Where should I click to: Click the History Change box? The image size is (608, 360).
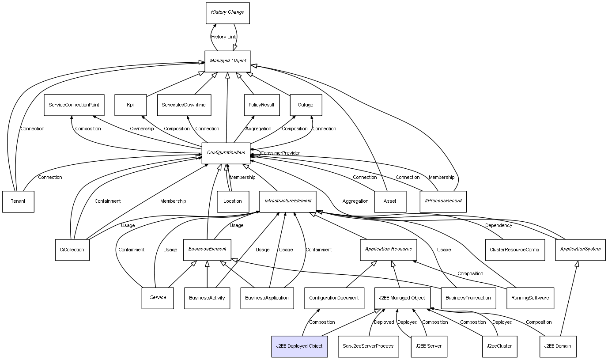(227, 12)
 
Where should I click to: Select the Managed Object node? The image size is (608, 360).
(227, 61)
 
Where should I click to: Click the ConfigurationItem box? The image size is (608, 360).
(226, 153)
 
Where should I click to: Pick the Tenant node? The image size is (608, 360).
(18, 201)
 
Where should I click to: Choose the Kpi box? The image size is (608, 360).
(130, 105)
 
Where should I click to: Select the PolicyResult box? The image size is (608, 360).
(262, 105)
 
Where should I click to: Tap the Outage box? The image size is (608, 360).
(306, 105)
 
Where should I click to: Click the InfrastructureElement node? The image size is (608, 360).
(288, 201)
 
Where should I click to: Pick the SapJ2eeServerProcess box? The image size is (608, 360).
(368, 346)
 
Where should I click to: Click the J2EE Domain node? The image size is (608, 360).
(558, 346)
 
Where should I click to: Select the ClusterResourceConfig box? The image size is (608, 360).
(514, 250)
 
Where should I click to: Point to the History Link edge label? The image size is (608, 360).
(223, 37)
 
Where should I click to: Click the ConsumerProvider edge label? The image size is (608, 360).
(280, 153)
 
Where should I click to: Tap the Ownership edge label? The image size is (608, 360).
(142, 129)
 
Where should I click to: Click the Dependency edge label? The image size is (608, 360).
(498, 226)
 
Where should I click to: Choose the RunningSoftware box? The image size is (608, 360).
(530, 298)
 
